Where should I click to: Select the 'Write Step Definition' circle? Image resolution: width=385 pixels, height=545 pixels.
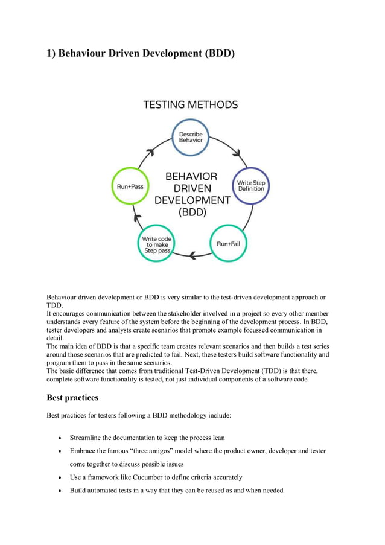(250, 185)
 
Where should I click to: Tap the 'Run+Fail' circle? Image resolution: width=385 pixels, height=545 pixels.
(229, 243)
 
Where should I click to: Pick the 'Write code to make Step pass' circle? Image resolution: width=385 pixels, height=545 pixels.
(156, 243)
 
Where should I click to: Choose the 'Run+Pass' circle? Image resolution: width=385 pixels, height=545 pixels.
(130, 186)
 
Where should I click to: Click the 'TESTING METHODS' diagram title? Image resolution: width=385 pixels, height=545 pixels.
(190, 104)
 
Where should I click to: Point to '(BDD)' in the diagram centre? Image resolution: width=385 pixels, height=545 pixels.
(192, 212)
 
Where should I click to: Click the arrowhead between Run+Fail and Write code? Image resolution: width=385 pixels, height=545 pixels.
(192, 256)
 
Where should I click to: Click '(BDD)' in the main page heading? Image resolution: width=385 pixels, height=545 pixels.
(214, 54)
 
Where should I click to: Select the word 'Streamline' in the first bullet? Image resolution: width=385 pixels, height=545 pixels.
(89, 437)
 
